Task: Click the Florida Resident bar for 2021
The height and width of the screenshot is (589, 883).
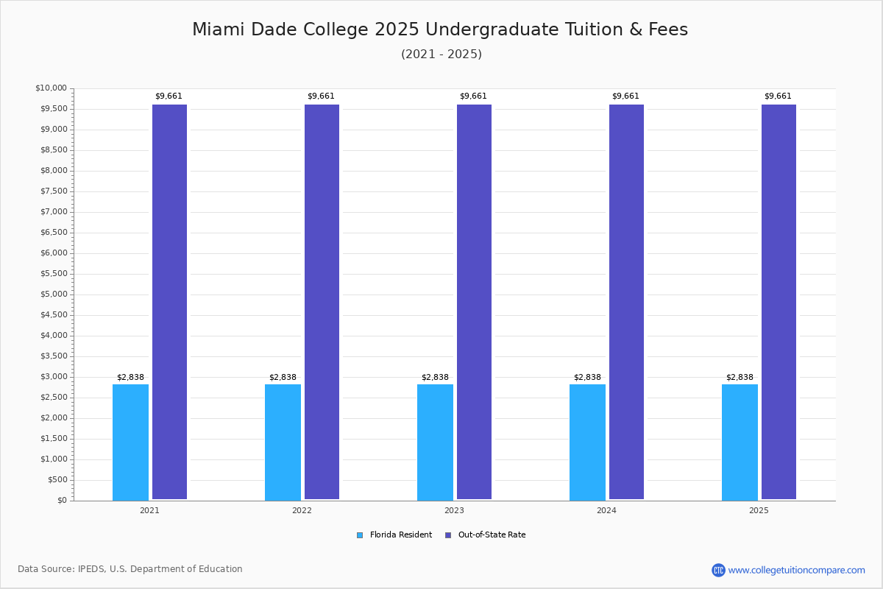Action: (130, 442)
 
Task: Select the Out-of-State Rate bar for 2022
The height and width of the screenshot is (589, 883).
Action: (322, 302)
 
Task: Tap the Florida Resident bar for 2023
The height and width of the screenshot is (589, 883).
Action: (435, 442)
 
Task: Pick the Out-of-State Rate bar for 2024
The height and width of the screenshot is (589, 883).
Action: (626, 302)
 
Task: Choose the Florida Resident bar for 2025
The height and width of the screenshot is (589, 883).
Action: (740, 442)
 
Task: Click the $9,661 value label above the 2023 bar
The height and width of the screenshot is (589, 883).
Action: (473, 96)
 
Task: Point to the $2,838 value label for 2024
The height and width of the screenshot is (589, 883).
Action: (587, 378)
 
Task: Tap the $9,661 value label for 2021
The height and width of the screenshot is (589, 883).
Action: (169, 96)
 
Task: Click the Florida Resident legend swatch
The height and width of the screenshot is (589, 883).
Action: (360, 535)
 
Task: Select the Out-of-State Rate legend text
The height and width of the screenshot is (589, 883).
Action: (492, 535)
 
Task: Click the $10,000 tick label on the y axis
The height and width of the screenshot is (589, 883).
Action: (51, 88)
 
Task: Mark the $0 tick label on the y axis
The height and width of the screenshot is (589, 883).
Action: (62, 501)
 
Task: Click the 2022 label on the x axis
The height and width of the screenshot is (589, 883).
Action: (302, 510)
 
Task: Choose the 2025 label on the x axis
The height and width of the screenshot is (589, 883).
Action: (759, 510)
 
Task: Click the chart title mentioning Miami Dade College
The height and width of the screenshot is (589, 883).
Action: (440, 29)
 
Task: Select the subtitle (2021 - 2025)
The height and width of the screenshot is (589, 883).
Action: (441, 54)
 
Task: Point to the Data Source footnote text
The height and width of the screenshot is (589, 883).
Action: (130, 569)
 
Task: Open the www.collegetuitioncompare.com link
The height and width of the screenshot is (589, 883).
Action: (796, 570)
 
